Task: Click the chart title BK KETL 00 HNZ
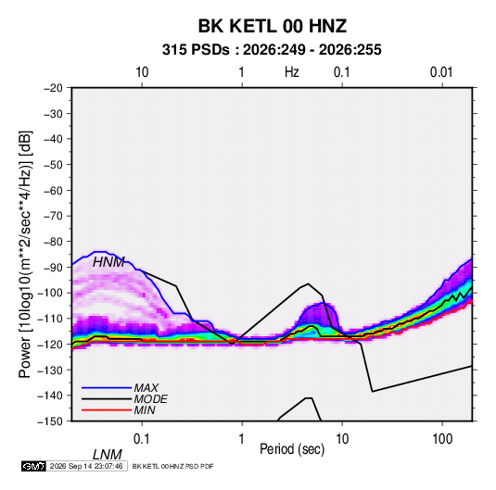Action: (x=273, y=26)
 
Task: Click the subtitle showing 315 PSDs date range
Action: (x=272, y=50)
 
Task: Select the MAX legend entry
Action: (x=146, y=387)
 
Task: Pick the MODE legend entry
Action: (x=150, y=399)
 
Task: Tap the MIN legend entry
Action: (x=145, y=410)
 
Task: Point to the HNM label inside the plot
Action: (x=108, y=262)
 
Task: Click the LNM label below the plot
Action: (x=107, y=455)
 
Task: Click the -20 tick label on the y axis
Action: (x=53, y=88)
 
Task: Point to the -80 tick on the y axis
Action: (x=53, y=242)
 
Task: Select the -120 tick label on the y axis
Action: (x=50, y=344)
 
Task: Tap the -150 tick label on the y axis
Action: (x=50, y=421)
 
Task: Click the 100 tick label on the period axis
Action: (x=442, y=439)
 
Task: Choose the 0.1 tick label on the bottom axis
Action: (x=141, y=439)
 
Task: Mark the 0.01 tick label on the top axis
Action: (x=441, y=72)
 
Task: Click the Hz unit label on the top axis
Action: (x=292, y=72)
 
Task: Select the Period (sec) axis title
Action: (x=292, y=449)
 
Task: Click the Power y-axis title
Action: (x=25, y=255)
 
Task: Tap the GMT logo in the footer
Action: (x=33, y=466)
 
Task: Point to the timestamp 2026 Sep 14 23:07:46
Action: (x=86, y=466)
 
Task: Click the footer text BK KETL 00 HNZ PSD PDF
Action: (x=172, y=466)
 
